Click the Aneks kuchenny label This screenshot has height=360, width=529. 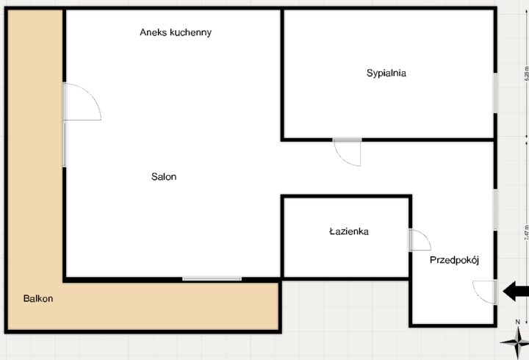176,32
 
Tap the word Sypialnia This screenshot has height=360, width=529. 386,73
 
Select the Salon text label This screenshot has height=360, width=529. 164,176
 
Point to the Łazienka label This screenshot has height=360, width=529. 348,231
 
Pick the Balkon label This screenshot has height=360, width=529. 37,299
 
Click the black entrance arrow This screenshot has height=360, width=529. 516,292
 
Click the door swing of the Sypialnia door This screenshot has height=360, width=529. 346,152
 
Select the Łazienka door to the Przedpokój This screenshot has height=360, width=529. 418,240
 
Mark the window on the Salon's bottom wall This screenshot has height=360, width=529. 212,278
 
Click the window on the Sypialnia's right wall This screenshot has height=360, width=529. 496,93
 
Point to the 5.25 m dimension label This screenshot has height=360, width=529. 525,73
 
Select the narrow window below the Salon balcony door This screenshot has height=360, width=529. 65,144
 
